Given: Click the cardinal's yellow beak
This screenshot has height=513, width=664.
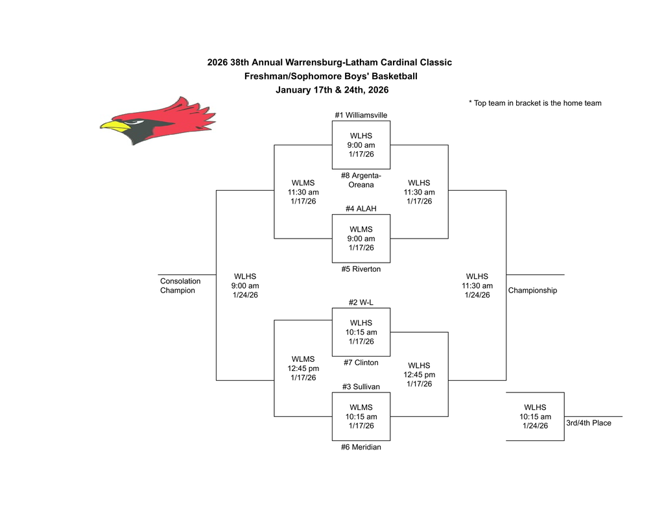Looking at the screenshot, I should click(112, 125).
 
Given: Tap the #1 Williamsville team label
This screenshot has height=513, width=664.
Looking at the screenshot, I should click(361, 115).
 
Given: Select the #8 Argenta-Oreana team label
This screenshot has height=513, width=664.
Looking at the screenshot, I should click(361, 180).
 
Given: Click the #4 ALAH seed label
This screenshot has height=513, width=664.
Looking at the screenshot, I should click(361, 208).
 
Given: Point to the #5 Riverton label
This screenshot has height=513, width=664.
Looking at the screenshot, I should click(361, 268).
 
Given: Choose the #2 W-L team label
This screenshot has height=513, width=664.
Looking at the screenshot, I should click(361, 302).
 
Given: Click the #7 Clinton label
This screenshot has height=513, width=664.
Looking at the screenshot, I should click(361, 363).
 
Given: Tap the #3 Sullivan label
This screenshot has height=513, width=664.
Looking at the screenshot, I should click(361, 387).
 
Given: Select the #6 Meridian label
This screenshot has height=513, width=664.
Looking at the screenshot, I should click(361, 447).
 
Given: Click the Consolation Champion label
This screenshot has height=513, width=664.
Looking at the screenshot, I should click(180, 286).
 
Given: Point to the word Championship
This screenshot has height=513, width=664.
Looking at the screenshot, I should click(532, 291).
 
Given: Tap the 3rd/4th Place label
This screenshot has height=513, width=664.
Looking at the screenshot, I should click(588, 423).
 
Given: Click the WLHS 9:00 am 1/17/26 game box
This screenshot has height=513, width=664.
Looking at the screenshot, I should click(361, 145).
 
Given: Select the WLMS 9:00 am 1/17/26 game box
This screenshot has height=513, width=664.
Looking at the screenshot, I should click(361, 238).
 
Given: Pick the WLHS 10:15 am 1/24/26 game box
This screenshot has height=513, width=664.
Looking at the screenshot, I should click(535, 416).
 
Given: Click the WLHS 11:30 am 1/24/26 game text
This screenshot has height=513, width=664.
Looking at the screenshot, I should click(477, 285).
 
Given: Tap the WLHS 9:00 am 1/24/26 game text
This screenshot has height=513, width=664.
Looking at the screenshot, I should click(246, 285).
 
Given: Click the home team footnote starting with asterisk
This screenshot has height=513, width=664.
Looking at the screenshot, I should click(535, 103).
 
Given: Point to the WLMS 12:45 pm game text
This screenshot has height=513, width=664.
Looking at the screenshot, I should click(303, 368).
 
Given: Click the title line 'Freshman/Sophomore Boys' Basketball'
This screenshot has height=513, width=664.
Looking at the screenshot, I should click(331, 77).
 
